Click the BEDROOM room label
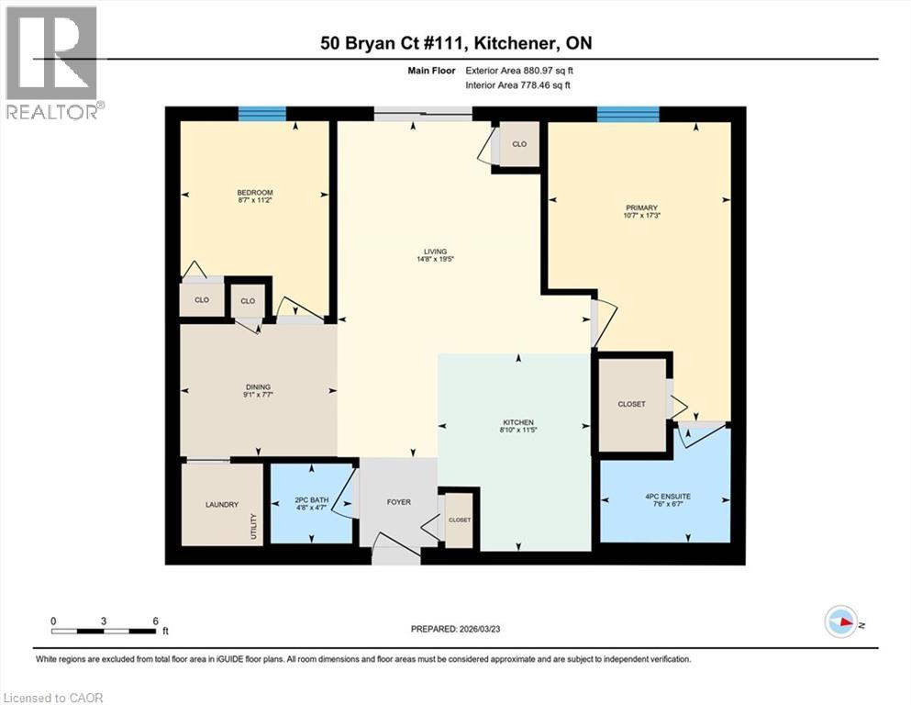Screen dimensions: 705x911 coord(255,193)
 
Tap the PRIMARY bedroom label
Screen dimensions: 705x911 coord(641,207)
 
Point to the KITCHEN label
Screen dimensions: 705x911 coord(517,422)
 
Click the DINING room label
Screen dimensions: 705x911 coord(258,387)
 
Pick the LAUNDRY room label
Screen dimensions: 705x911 coord(223,504)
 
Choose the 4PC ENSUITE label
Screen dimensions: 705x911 coord(668,496)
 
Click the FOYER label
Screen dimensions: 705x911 coord(398,502)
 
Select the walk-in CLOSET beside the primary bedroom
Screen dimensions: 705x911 coord(631,404)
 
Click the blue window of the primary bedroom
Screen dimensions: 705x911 coord(628,114)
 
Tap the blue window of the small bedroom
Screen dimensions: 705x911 coord(261,114)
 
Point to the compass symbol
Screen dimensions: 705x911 coord(840,621)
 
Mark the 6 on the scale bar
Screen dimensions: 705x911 coord(155,620)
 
